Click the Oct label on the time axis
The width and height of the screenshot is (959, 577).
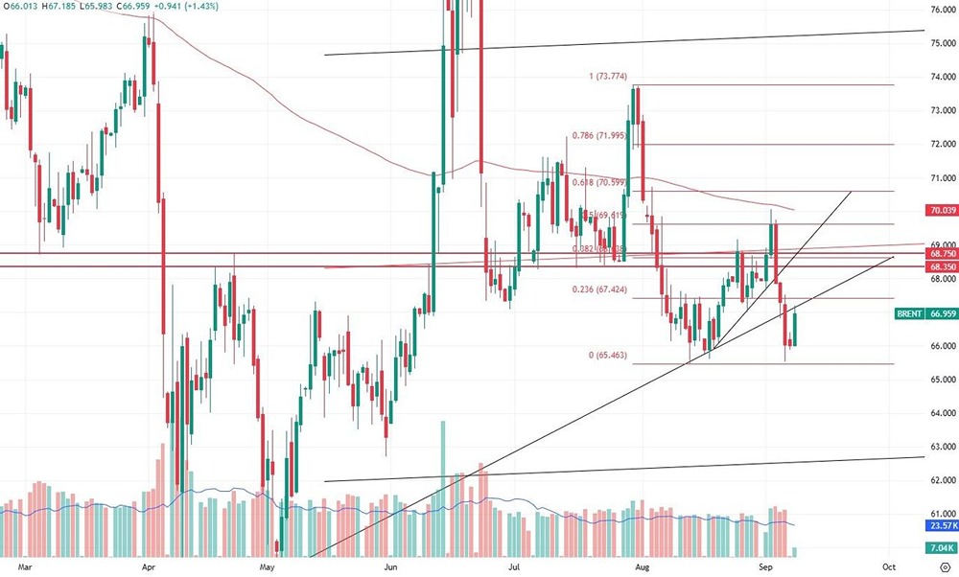888,566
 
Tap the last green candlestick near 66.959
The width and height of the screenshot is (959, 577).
795,330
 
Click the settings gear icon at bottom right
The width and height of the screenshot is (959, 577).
944,566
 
